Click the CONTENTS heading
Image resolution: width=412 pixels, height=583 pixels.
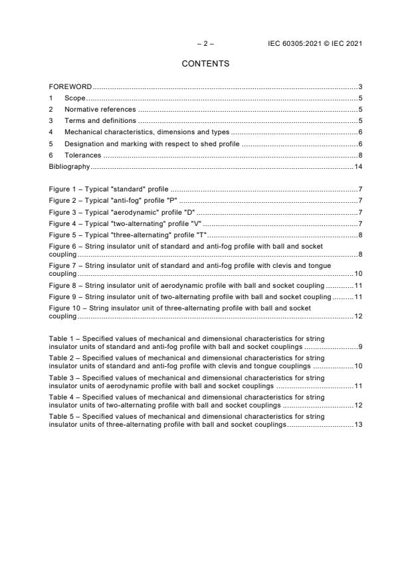tap(205, 64)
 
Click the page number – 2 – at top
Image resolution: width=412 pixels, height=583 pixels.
tap(205, 44)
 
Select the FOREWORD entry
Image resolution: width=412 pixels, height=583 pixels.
tap(70, 87)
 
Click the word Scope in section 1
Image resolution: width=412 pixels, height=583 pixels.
tap(74, 98)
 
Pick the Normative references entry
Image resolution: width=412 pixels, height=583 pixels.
tap(100, 109)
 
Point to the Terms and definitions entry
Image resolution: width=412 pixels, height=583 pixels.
tap(100, 120)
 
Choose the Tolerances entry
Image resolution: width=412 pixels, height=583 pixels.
tap(82, 155)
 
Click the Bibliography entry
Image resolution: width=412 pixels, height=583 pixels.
tap(69, 166)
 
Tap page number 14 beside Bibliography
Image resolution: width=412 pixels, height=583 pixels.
tap(358, 166)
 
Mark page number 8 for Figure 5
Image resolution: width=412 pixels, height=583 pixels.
tap(360, 235)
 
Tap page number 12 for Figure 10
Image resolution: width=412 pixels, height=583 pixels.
tap(358, 316)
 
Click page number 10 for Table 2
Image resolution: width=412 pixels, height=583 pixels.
tap(358, 366)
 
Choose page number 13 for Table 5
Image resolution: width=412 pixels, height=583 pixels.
tap(358, 424)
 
